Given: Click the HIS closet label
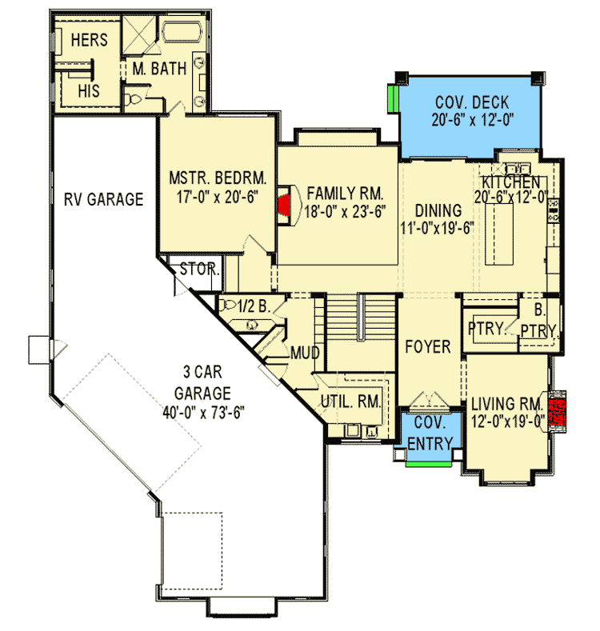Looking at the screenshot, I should tap(89, 91).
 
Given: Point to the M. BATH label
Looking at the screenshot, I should tap(160, 70).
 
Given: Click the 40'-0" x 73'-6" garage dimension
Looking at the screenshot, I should tap(204, 413).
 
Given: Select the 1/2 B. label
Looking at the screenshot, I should tap(258, 305).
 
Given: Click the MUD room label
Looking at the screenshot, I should tap(305, 353).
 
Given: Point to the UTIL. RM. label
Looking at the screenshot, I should tap(352, 401).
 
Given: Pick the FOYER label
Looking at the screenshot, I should tap(428, 347).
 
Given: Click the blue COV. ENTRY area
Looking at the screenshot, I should tap(430, 436).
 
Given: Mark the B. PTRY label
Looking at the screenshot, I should tap(538, 320).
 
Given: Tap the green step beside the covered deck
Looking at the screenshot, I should tap(394, 101).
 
